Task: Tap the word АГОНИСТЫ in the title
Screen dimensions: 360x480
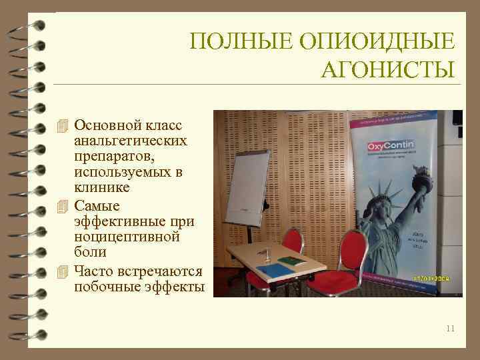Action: click(387, 69)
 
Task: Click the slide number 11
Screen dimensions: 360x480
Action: click(451, 328)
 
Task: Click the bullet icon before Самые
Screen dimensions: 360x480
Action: click(63, 205)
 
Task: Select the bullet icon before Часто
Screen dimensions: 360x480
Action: click(63, 271)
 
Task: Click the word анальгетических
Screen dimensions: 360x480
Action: click(131, 141)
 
